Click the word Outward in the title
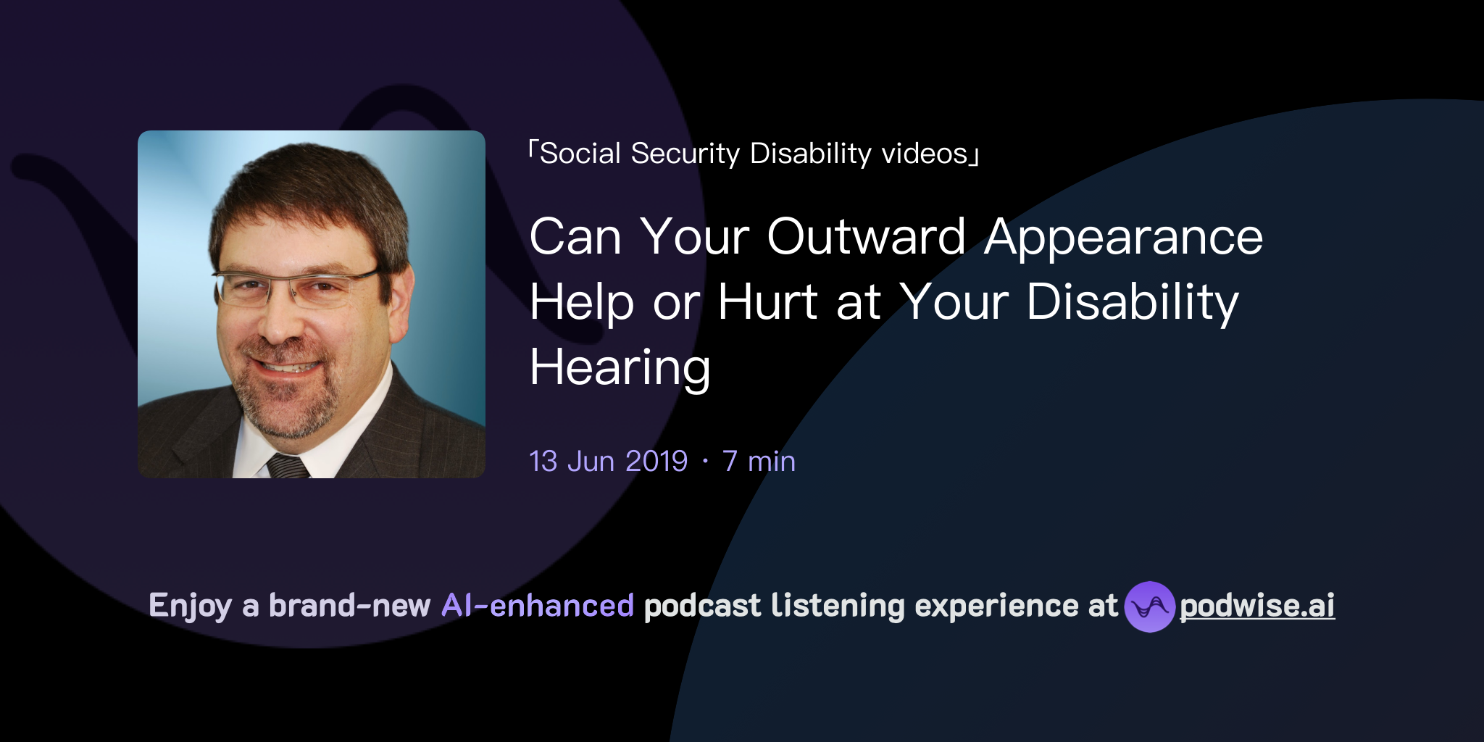pyautogui.click(x=866, y=237)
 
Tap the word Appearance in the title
pyautogui.click(x=1123, y=237)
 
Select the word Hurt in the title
pyautogui.click(x=768, y=302)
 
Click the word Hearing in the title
pyautogui.click(x=620, y=367)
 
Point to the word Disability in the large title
pyautogui.click(x=1133, y=302)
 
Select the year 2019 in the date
pyautogui.click(x=656, y=462)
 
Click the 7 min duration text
pyautogui.click(x=759, y=462)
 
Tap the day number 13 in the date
pyautogui.click(x=543, y=462)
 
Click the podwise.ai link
pyautogui.click(x=1257, y=606)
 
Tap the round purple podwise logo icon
pyautogui.click(x=1149, y=606)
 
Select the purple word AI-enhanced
pyautogui.click(x=538, y=606)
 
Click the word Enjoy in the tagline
pyautogui.click(x=190, y=606)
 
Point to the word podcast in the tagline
pyautogui.click(x=702, y=606)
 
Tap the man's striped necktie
pyautogui.click(x=288, y=466)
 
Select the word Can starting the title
pyautogui.click(x=575, y=237)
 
